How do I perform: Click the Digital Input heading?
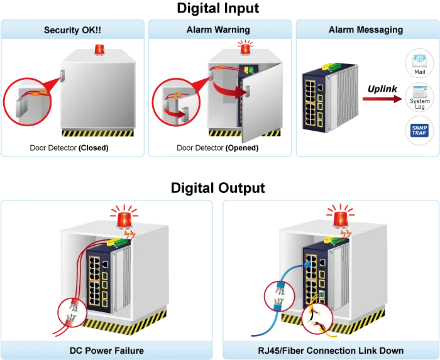218,8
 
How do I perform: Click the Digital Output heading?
218,188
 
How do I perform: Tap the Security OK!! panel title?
72,30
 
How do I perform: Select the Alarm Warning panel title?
218,30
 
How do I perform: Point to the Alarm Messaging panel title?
366,30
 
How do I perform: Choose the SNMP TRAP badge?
419,131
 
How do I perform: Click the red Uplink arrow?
382,99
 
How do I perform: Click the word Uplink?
382,89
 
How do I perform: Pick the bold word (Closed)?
94,148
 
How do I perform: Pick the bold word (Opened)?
242,148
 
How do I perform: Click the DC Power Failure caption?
107,351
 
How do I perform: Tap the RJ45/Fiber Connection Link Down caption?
331,351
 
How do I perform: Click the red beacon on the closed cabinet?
99,50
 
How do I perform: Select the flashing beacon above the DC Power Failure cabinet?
124,219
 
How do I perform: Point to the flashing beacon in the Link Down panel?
341,219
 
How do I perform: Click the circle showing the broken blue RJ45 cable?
280,297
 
